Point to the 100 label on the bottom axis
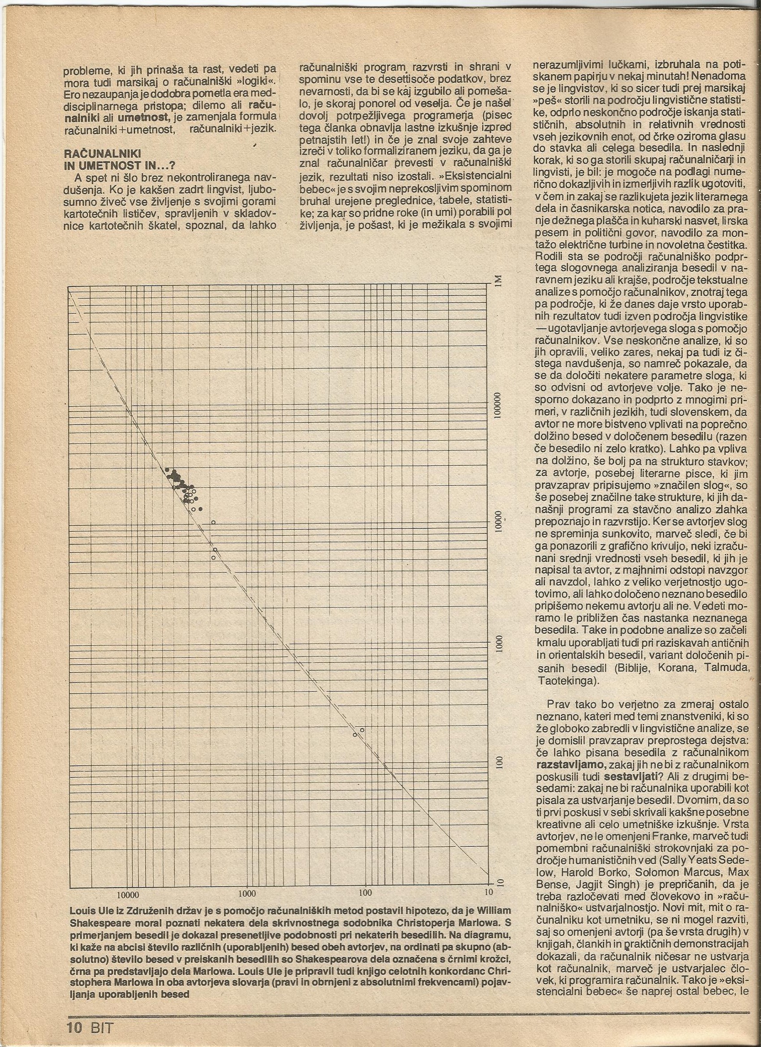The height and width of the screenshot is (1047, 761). pos(365,855)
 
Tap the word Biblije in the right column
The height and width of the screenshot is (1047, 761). pos(637,669)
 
